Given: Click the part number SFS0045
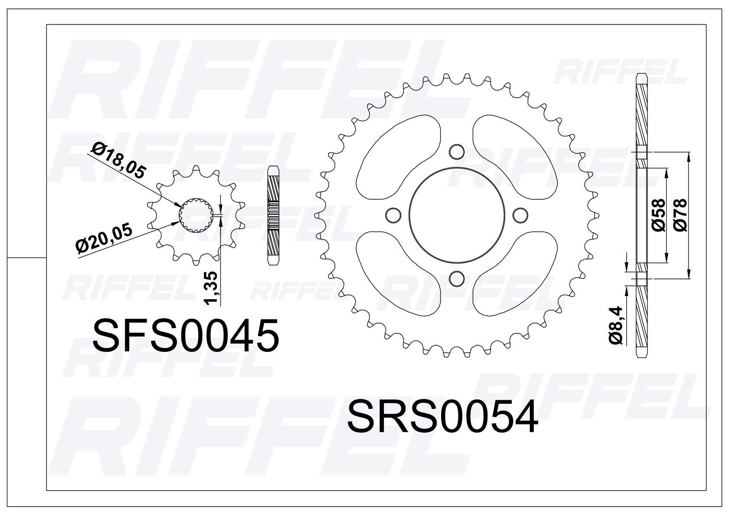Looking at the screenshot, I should pos(186,336).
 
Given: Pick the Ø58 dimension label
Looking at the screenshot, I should pos(658,215).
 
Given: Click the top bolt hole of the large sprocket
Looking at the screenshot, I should pos(456,151).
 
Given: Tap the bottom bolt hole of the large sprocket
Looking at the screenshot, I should pos(456,277).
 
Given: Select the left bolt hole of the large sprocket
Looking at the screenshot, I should pos(393,215).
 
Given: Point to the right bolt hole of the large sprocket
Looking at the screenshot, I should pos(519,215).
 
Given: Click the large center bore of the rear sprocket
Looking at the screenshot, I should pos(456,215).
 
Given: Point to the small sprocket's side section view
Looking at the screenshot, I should pos(273,215).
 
